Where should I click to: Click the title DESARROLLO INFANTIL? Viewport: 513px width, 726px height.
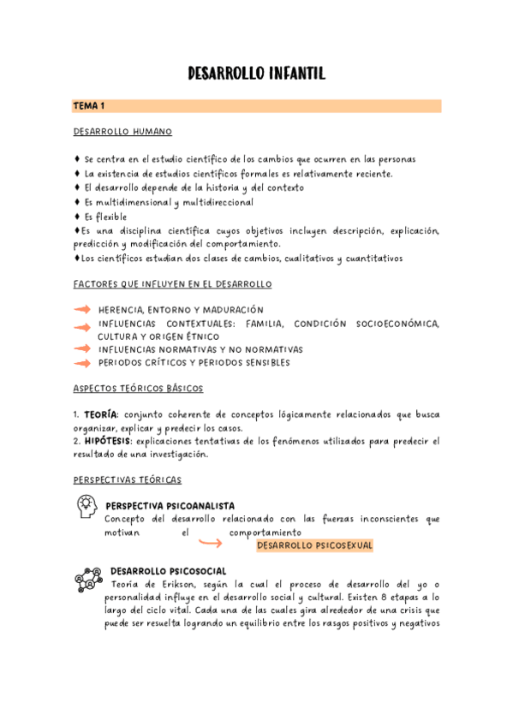click(256, 75)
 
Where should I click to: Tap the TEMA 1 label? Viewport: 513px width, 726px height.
click(88, 106)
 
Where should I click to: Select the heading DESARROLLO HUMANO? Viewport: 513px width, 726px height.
click(122, 132)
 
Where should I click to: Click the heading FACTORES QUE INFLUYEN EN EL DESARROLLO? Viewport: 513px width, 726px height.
click(172, 283)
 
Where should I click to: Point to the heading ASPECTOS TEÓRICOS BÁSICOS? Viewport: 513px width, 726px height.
click(138, 388)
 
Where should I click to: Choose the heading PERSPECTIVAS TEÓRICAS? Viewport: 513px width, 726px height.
click(127, 479)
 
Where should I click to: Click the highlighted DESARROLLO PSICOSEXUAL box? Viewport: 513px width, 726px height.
click(314, 545)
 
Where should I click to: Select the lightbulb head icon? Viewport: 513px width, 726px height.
click(86, 507)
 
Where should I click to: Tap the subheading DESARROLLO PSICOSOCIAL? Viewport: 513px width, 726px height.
click(168, 571)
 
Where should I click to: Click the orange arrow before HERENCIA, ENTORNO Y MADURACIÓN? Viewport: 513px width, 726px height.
click(83, 309)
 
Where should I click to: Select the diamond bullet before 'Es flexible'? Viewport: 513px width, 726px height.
click(77, 217)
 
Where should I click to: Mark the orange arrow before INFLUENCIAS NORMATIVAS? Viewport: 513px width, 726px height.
click(83, 349)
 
